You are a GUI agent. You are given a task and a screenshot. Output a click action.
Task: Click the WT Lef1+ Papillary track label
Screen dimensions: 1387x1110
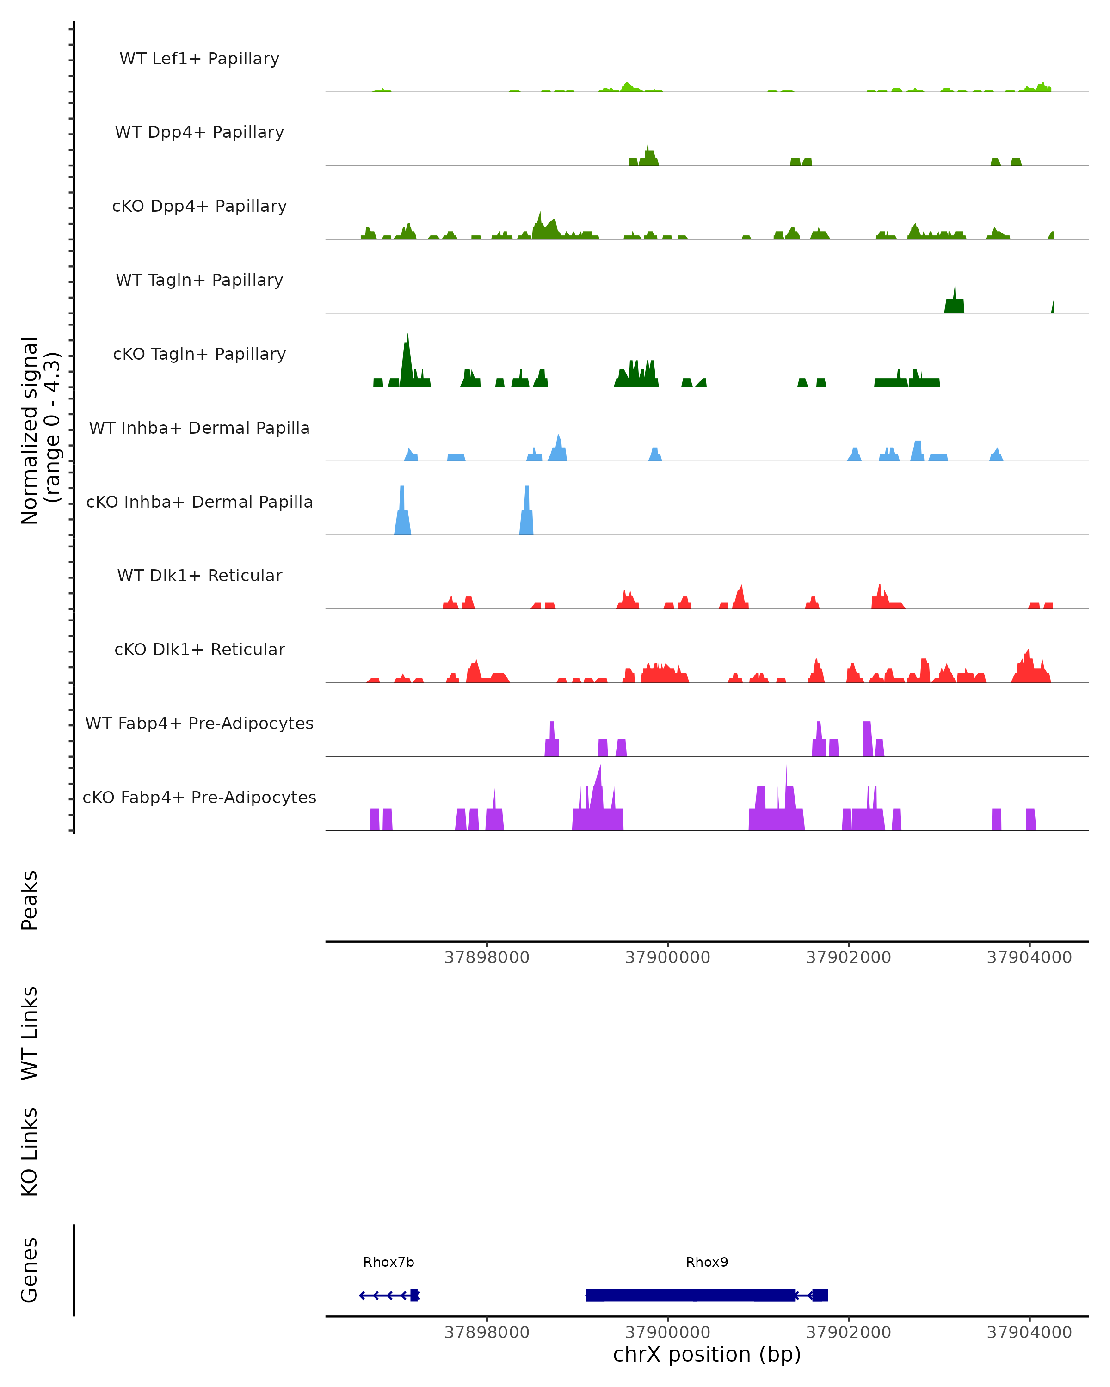(199, 59)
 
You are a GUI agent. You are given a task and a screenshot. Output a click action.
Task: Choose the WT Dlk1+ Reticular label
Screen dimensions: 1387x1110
(199, 575)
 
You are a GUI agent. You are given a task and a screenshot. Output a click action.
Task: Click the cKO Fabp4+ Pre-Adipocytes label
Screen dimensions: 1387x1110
(199, 797)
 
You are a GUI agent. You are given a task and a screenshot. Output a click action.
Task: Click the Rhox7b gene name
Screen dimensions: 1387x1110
(388, 1262)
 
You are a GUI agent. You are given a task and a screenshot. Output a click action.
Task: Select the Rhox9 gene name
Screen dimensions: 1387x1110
(707, 1262)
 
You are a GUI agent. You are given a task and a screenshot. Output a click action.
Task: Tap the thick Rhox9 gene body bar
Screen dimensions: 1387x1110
(689, 1295)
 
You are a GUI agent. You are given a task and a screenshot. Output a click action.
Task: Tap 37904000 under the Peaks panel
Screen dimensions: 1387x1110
(1029, 957)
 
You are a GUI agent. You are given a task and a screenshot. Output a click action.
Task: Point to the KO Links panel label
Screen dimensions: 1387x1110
(30, 1152)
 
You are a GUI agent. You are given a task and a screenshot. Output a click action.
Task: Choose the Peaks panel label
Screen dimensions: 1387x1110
(30, 901)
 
